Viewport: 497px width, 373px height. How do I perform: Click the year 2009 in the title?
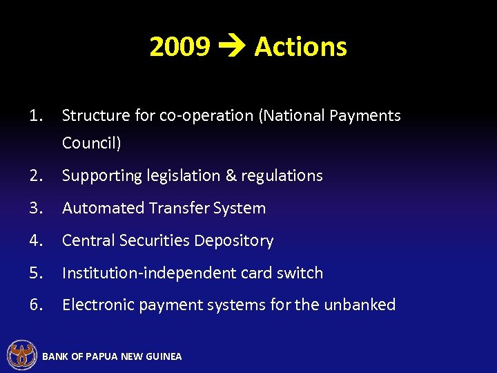(179, 47)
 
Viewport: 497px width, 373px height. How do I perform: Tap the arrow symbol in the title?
(232, 48)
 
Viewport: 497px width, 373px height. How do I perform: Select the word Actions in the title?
(300, 47)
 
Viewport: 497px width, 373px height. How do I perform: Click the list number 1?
(36, 115)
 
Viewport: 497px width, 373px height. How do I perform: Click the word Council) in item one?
(91, 143)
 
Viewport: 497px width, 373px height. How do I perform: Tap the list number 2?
(36, 175)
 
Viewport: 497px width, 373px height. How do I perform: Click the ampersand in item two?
(231, 175)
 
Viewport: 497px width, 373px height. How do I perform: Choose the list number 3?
(36, 208)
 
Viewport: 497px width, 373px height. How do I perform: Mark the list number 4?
(36, 240)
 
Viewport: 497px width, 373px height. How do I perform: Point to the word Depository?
(237, 240)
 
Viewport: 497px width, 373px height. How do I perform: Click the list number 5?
(36, 273)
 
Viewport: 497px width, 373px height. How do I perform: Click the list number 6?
(36, 305)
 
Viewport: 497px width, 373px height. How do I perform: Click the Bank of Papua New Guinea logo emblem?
(21, 355)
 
